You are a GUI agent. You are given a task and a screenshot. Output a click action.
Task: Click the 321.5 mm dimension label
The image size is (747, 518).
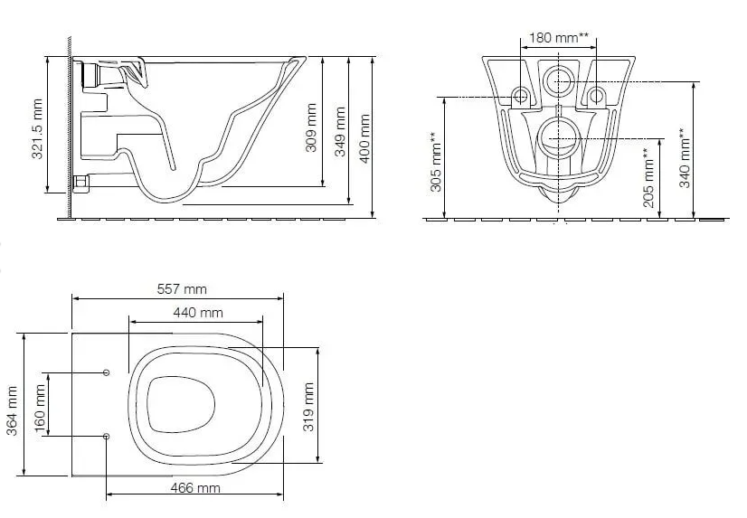pyautogui.click(x=37, y=128)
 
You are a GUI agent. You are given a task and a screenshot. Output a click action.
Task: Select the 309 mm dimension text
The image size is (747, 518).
pyautogui.click(x=310, y=127)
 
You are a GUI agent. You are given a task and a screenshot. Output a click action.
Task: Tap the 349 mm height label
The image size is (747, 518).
pyautogui.click(x=340, y=131)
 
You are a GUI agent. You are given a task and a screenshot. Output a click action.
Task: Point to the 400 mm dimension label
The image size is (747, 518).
pyautogui.click(x=365, y=138)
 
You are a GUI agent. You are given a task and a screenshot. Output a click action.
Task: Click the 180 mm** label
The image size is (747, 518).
pyautogui.click(x=559, y=37)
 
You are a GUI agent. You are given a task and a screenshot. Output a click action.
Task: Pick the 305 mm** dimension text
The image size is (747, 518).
pyautogui.click(x=436, y=162)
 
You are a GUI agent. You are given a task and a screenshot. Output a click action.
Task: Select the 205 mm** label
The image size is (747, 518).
pyautogui.click(x=648, y=177)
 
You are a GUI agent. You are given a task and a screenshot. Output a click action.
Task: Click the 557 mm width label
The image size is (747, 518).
pyautogui.click(x=182, y=289)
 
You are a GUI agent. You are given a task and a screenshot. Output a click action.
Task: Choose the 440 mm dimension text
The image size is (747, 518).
pyautogui.click(x=198, y=312)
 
